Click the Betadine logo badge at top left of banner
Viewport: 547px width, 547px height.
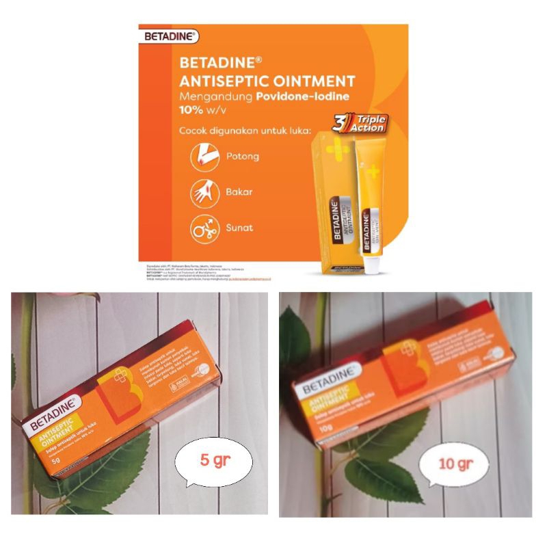tap(168, 36)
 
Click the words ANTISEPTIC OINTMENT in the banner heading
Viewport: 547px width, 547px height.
tap(267, 81)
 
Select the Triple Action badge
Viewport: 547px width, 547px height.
tap(360, 124)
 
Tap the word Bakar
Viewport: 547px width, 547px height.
tap(239, 192)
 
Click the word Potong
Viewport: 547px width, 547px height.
tap(243, 157)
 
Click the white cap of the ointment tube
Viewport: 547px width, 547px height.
tap(371, 263)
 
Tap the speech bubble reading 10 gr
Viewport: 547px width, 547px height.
tap(455, 466)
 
